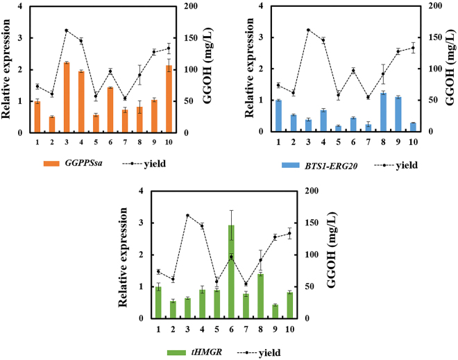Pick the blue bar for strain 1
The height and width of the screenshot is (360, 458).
tap(278, 116)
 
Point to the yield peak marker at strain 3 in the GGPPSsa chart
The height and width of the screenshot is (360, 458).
tap(67, 31)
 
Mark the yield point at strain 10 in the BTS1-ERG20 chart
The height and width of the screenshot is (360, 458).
tap(413, 48)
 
